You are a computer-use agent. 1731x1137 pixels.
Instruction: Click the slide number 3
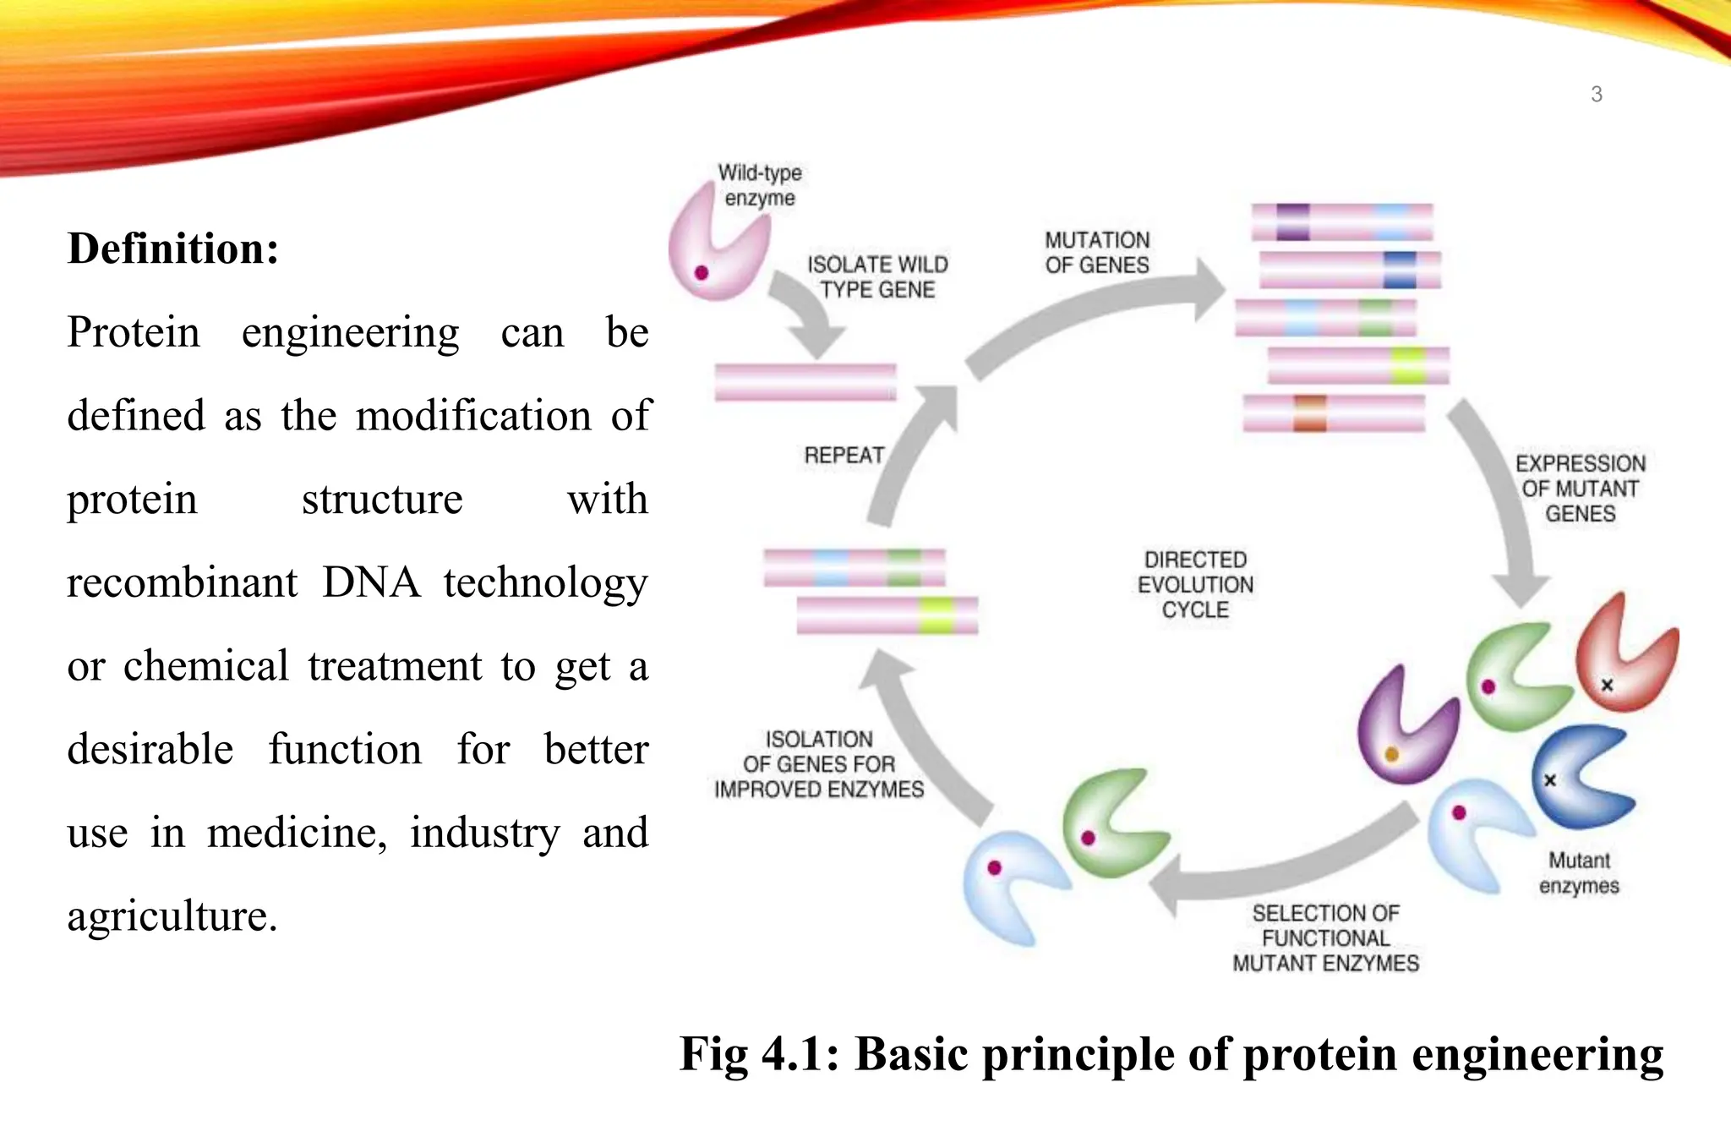click(x=1596, y=95)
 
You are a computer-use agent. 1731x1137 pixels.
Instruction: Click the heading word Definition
click(x=172, y=249)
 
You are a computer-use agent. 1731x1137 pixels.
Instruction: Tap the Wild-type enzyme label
click(x=759, y=185)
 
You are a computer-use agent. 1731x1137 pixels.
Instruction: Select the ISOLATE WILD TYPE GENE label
click(x=877, y=277)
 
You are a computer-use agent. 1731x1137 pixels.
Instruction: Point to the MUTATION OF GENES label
click(x=1097, y=253)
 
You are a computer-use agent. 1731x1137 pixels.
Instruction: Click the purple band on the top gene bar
click(x=1292, y=221)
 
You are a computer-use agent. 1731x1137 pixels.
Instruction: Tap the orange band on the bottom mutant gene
click(x=1309, y=413)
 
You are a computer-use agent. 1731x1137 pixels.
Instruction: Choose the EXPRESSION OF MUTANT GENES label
click(x=1580, y=489)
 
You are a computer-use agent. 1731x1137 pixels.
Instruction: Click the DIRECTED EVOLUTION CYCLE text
click(x=1195, y=585)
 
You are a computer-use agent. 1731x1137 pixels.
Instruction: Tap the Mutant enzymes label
click(x=1579, y=873)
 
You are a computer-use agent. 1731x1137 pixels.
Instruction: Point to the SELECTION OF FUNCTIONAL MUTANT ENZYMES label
click(x=1325, y=938)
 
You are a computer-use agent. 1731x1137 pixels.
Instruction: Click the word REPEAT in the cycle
click(x=844, y=456)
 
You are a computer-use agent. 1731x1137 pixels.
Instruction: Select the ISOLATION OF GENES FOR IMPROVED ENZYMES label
click(x=818, y=764)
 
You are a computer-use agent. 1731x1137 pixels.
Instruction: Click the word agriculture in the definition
click(x=172, y=916)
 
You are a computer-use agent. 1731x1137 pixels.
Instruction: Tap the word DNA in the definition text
click(x=371, y=582)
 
